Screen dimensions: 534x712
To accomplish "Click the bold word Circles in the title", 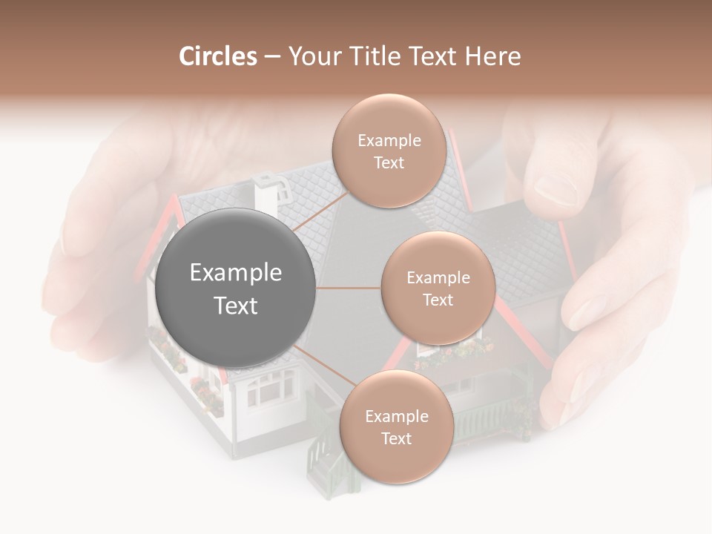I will click(217, 56).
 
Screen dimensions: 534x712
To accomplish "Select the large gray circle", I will click(236, 288).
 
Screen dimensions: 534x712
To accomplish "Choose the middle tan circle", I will click(438, 288).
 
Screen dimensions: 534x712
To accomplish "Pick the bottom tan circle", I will click(396, 427).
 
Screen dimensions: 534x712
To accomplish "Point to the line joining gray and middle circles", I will click(349, 288).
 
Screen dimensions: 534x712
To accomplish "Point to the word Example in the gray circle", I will click(236, 273).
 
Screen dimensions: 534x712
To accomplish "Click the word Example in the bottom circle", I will click(396, 416).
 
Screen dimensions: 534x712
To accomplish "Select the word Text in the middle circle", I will click(438, 300).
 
